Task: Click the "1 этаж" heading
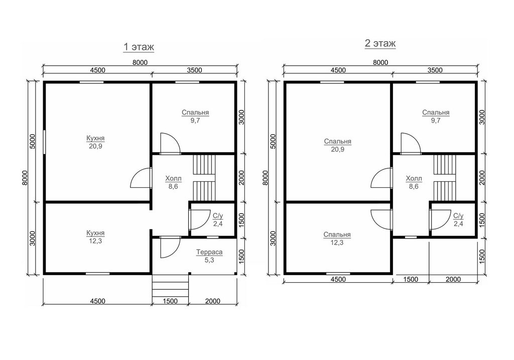[x=139, y=47]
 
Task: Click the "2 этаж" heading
[x=380, y=44]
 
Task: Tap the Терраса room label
[x=209, y=256]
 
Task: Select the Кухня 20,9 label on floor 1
[x=95, y=142]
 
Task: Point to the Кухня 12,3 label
[x=95, y=236]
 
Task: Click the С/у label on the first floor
[x=218, y=219]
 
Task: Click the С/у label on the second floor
[x=458, y=219]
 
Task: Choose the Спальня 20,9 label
[x=338, y=145]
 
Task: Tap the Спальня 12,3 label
[x=337, y=238]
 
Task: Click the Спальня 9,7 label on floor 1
[x=195, y=116]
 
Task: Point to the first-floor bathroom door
[x=200, y=219]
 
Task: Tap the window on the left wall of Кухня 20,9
[x=44, y=141]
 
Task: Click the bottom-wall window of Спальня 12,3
[x=338, y=273]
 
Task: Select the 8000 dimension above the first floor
[x=140, y=62]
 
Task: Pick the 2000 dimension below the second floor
[x=453, y=279]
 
